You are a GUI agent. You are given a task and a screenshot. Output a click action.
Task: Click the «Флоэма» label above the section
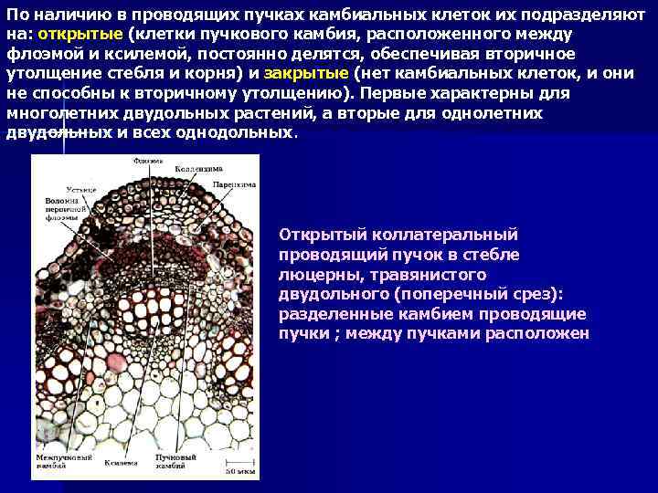[x=146, y=162]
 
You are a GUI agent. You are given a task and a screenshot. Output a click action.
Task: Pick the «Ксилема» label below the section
[x=120, y=463]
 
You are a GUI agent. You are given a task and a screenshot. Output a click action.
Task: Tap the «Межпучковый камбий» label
[x=57, y=459]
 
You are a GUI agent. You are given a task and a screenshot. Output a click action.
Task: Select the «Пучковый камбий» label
[x=176, y=459]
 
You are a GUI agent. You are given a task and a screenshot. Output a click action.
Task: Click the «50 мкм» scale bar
[x=240, y=470]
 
